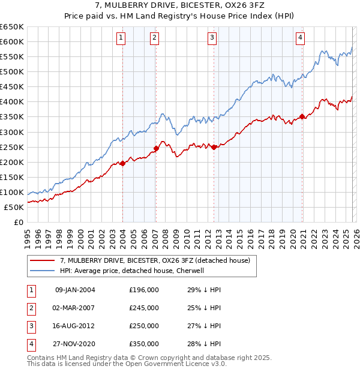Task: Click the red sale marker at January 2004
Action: click(x=122, y=163)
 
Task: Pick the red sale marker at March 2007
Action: click(x=156, y=148)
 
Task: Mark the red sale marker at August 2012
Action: click(x=214, y=147)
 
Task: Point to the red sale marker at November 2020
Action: click(x=302, y=117)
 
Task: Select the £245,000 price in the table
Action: click(x=144, y=308)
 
